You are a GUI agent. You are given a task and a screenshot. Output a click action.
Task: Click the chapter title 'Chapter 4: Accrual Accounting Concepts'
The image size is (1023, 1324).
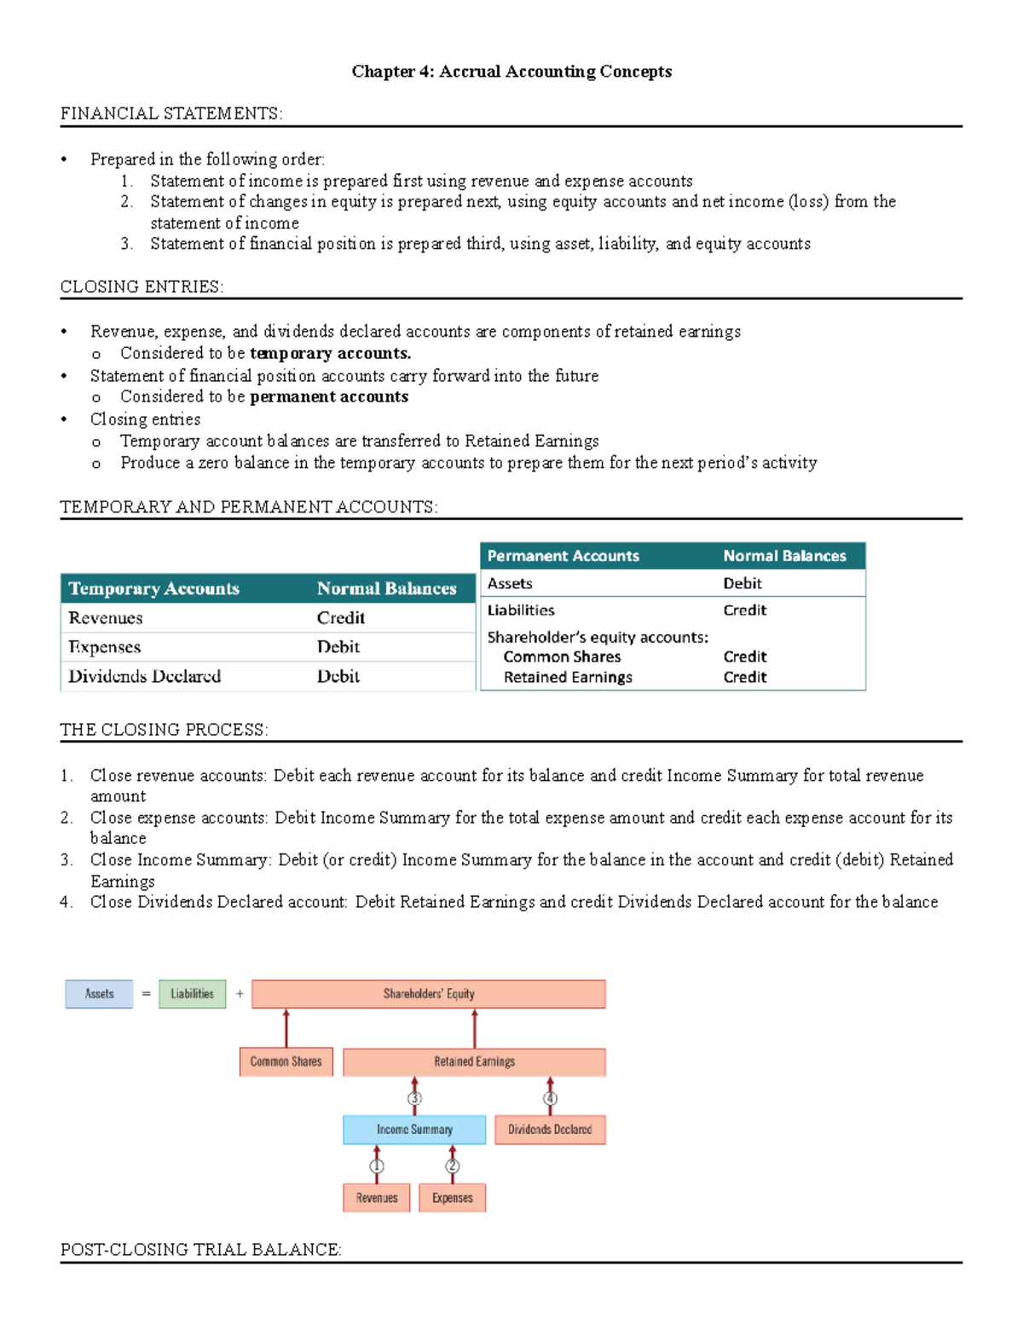(x=511, y=72)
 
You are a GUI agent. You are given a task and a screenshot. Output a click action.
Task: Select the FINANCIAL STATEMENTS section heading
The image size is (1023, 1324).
(x=170, y=113)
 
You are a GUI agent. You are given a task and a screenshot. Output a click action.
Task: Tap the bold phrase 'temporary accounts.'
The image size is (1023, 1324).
(x=330, y=353)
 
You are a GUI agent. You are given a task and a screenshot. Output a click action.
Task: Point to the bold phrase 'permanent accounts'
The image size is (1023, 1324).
(x=328, y=396)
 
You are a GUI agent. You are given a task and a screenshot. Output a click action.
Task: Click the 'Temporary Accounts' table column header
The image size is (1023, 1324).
(x=153, y=588)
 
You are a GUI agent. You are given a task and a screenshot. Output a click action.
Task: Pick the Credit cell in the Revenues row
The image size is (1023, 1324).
(x=341, y=618)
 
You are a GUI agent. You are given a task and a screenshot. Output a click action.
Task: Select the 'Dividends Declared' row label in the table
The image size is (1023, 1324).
(x=145, y=676)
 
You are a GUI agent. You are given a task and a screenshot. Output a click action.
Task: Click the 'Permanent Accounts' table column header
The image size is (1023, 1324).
(x=563, y=556)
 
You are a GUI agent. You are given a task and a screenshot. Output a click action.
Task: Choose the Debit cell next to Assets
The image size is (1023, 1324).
(x=743, y=583)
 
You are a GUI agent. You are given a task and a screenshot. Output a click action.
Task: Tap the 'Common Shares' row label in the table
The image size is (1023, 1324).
(x=562, y=656)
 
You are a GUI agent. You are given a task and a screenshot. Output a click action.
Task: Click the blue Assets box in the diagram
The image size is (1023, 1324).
(x=99, y=994)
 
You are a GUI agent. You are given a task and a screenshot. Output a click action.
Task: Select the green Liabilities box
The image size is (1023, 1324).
(x=193, y=994)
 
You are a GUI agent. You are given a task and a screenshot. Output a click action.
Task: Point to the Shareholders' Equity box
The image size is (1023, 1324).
(x=429, y=994)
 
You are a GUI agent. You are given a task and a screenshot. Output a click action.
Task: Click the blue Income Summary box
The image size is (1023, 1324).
(x=414, y=1130)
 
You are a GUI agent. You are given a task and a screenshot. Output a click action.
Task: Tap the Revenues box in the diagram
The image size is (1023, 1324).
(x=377, y=1198)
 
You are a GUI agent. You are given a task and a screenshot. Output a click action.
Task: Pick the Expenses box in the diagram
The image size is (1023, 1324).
(x=452, y=1198)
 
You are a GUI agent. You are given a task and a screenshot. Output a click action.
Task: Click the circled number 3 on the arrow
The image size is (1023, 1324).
(x=415, y=1098)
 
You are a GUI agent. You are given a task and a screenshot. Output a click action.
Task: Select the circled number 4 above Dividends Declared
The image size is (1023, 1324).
(x=551, y=1098)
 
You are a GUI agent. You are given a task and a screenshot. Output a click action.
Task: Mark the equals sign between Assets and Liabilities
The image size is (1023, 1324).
(x=146, y=994)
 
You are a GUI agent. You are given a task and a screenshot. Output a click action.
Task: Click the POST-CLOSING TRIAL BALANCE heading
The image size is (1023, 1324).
(x=200, y=1250)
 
